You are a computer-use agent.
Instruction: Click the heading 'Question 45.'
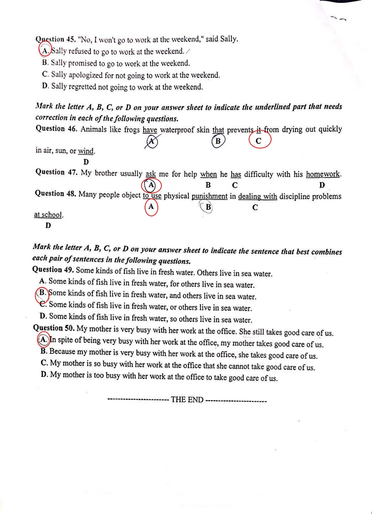coord(55,39)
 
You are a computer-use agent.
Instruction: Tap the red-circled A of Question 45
coord(45,50)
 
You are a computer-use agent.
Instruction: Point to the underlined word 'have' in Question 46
coord(150,130)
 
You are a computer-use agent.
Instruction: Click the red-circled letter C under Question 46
coord(259,141)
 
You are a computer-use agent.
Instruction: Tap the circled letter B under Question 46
coord(218,141)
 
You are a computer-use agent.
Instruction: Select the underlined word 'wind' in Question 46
coord(86,151)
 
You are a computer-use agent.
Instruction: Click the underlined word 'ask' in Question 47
coord(151,174)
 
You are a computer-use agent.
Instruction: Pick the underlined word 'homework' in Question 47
coord(323,174)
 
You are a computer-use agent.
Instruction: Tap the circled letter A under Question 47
coord(151,185)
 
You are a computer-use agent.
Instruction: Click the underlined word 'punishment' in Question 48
coord(209,196)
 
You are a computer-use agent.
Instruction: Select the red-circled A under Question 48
coord(151,206)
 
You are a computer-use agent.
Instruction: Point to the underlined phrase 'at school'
coord(48,215)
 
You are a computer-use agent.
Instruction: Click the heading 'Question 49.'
coord(53,269)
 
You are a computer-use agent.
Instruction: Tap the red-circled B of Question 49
coord(42,293)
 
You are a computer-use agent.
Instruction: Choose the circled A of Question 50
coord(44,340)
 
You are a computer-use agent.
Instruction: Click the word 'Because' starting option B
coord(62,351)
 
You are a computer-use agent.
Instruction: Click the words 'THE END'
coord(187,400)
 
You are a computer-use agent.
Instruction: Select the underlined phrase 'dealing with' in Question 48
coord(257,196)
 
